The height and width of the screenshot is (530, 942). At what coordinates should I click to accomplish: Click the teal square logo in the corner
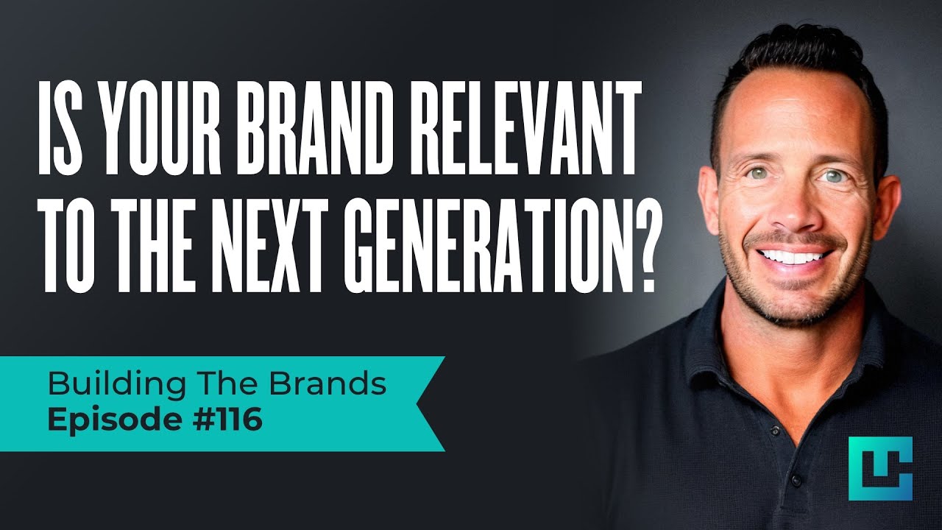(879, 468)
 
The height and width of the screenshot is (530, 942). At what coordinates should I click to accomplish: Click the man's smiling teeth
(793, 257)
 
